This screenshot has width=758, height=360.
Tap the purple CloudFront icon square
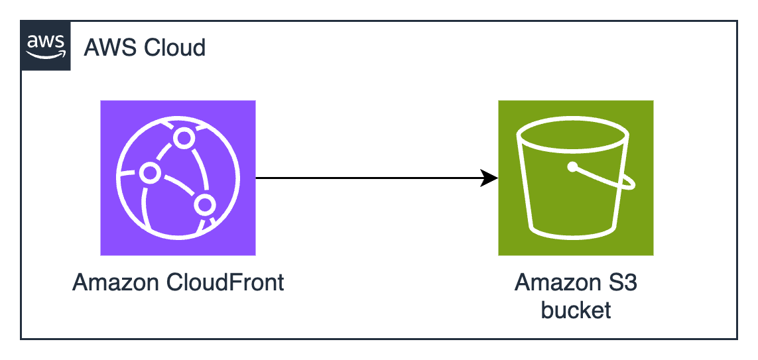click(178, 178)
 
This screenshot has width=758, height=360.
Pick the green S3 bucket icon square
click(576, 178)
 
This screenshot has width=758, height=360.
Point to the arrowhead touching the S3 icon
click(490, 178)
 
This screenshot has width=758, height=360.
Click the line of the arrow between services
click(371, 178)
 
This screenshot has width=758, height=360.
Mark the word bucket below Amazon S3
click(576, 310)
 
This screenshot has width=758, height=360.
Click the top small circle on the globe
click(182, 138)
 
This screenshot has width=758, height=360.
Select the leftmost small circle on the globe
click(150, 172)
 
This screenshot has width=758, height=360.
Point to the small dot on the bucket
click(572, 166)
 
